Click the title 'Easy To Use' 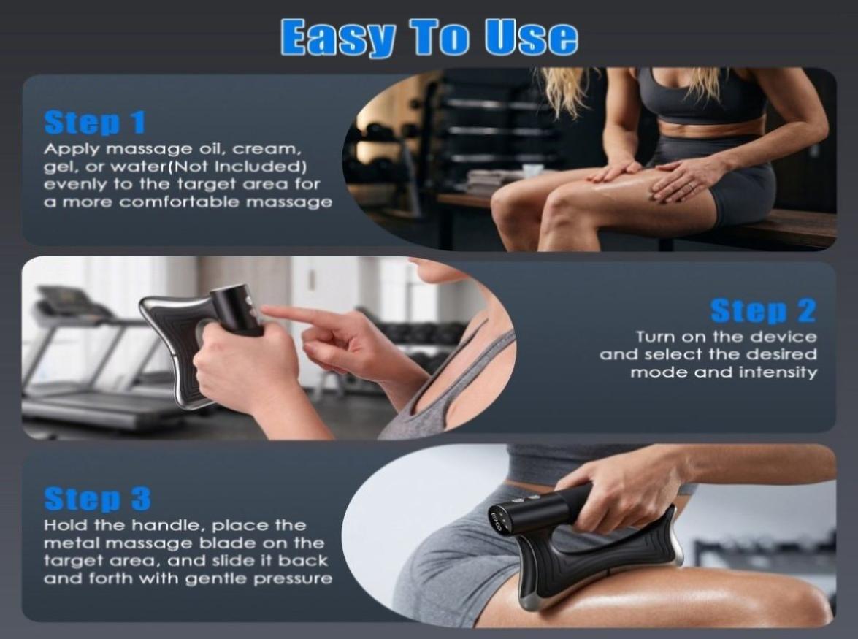[x=429, y=37]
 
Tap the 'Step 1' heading [x=95, y=122]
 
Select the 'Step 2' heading [x=763, y=311]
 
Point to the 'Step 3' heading [x=97, y=498]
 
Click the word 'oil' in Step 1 [x=198, y=149]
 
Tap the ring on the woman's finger [x=692, y=187]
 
